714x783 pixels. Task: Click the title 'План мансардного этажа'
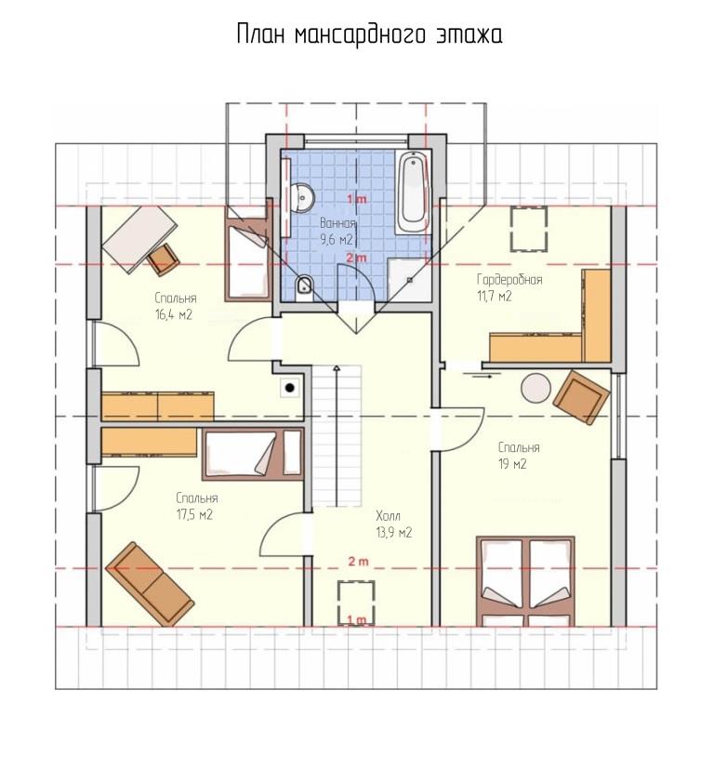click(x=369, y=34)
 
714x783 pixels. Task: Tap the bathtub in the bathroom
click(x=413, y=192)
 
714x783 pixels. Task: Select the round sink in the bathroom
click(x=303, y=197)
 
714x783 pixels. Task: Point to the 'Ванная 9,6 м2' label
click(x=337, y=232)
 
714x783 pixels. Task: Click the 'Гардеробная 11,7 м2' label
click(x=509, y=287)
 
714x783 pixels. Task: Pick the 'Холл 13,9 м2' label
click(x=393, y=524)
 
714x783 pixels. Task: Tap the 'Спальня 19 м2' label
click(x=518, y=456)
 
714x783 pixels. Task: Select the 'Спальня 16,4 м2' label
click(x=176, y=306)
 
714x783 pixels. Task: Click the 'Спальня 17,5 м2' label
click(x=196, y=507)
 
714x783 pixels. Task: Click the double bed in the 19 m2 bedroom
click(x=524, y=581)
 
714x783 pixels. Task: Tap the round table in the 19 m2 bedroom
click(x=535, y=388)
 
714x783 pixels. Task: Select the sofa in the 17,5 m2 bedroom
click(x=150, y=584)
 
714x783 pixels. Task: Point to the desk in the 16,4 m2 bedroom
click(x=139, y=239)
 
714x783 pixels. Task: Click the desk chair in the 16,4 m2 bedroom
click(x=164, y=259)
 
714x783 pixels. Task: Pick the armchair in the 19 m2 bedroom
click(x=582, y=397)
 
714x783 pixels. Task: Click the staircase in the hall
click(x=337, y=436)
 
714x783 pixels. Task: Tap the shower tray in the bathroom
click(x=409, y=280)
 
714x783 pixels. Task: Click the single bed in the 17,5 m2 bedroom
click(x=253, y=455)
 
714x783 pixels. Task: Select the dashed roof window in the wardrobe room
click(x=529, y=229)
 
